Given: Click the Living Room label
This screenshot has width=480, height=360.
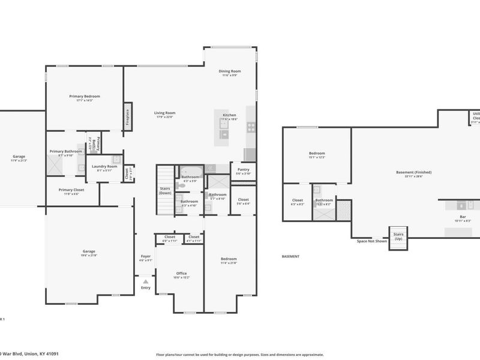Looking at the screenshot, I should tap(164, 113).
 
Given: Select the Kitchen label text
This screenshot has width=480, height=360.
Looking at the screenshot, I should tap(230, 115).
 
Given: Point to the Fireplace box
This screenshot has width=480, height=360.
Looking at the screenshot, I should tap(128, 116).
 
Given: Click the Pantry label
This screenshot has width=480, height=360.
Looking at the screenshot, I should tap(243, 170).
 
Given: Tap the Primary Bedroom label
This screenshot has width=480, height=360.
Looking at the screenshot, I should tap(85, 97).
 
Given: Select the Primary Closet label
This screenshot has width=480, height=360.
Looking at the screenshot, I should tap(71, 190).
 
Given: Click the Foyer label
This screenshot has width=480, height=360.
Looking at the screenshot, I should tap(146, 256).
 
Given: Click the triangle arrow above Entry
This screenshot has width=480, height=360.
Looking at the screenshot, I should tap(146, 280).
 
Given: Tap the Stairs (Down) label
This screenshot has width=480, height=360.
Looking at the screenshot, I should tap(165, 191).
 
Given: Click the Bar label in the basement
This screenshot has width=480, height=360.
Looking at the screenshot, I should tap(463, 217).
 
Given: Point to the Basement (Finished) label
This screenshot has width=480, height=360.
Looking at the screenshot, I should tap(414, 172).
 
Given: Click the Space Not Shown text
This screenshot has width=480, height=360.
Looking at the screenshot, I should tap(372, 241).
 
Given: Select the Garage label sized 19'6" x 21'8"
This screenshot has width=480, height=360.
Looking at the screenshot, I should tap(89, 251).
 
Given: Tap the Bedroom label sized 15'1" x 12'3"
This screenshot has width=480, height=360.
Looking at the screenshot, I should tap(317, 154).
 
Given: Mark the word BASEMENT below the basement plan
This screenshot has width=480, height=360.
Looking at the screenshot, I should tap(290, 256).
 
